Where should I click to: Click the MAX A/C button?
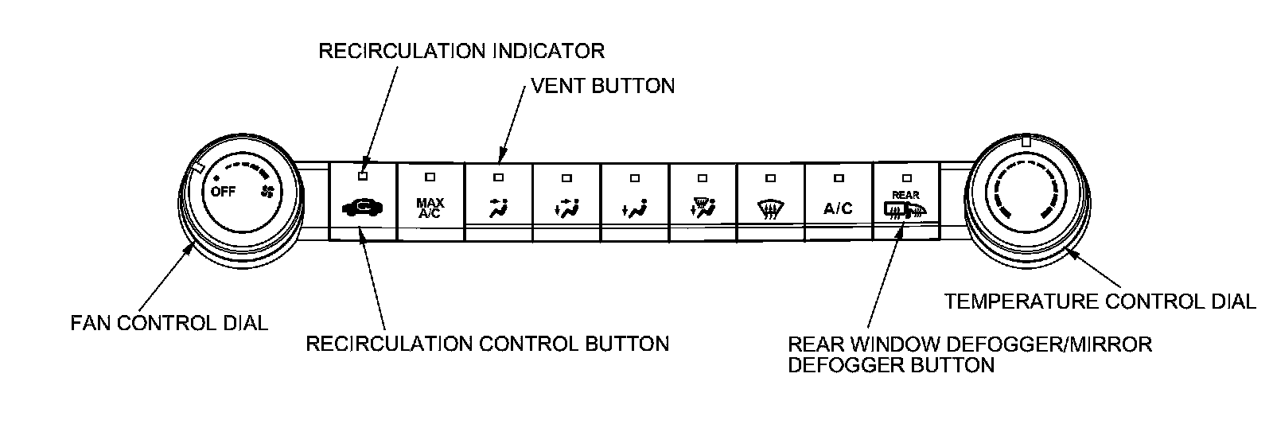click(x=430, y=208)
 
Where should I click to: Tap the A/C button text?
click(x=838, y=208)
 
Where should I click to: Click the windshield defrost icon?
click(x=769, y=209)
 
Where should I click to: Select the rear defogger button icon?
click(x=905, y=211)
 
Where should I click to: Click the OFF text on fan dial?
click(x=223, y=192)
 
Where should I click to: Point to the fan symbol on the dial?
click(x=267, y=192)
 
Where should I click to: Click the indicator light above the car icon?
click(x=363, y=177)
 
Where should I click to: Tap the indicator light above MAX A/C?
click(x=430, y=177)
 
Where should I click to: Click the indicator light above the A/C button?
click(x=838, y=177)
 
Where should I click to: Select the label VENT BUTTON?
click(x=602, y=85)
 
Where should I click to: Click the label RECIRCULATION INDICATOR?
click(x=461, y=51)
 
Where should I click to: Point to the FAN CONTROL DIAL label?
click(x=169, y=323)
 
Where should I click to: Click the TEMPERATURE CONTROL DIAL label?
click(x=1100, y=302)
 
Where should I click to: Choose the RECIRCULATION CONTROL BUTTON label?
click(x=487, y=344)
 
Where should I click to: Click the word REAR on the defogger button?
click(x=905, y=195)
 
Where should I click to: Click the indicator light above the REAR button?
click(x=905, y=177)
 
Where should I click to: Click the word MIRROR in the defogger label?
click(x=1111, y=344)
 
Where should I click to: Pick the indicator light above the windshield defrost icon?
click(x=769, y=177)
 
